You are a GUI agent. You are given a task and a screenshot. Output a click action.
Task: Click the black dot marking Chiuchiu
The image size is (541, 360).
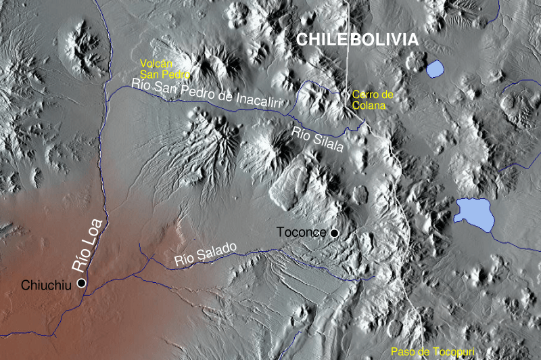tap(82, 283)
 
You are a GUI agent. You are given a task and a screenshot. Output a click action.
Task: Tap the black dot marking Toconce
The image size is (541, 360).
tap(333, 233)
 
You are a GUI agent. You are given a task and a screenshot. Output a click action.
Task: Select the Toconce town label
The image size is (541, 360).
tap(302, 232)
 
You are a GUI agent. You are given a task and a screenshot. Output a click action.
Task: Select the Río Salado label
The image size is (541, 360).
tap(205, 253)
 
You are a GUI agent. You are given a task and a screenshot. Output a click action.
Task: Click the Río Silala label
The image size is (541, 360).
tap(318, 140)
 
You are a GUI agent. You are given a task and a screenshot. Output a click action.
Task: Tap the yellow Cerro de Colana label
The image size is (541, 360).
tap(372, 99)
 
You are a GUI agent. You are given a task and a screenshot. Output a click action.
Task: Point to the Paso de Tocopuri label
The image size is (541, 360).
tap(433, 351)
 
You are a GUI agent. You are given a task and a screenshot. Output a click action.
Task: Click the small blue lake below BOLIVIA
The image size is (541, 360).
tap(436, 68)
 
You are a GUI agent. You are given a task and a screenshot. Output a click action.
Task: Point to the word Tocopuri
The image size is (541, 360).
tap(453, 351)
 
